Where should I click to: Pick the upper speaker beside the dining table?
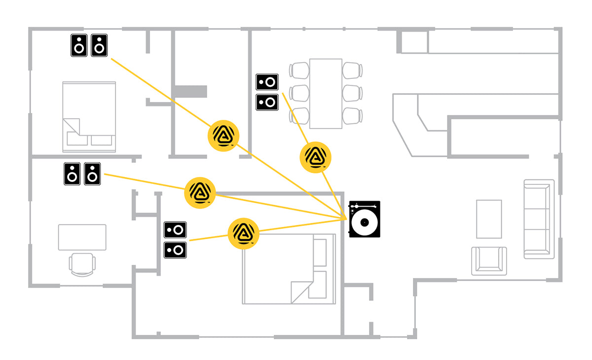pyautogui.click(x=267, y=81)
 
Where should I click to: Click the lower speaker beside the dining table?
pyautogui.click(x=267, y=102)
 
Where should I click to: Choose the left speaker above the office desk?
pyautogui.click(x=72, y=174)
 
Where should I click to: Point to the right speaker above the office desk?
pyautogui.click(x=92, y=174)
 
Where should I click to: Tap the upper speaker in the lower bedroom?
pyautogui.click(x=175, y=229)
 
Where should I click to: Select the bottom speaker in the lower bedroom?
pyautogui.click(x=175, y=250)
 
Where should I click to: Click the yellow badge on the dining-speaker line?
pyautogui.click(x=316, y=157)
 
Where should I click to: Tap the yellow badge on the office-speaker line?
pyautogui.click(x=200, y=191)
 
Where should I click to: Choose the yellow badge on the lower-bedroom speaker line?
pyautogui.click(x=243, y=233)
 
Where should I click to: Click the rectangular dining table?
pyautogui.click(x=326, y=93)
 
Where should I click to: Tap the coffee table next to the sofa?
pyautogui.click(x=489, y=219)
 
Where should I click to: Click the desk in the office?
pyautogui.click(x=82, y=237)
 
